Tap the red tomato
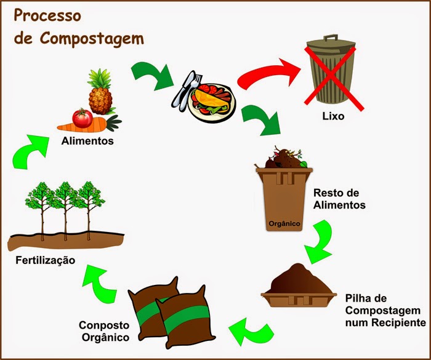[x=82, y=116]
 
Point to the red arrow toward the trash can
[x=265, y=78]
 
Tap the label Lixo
[x=333, y=116]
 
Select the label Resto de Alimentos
[x=339, y=198]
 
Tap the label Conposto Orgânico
[x=103, y=331]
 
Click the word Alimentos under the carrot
[x=88, y=141]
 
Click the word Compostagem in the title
[x=92, y=38]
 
